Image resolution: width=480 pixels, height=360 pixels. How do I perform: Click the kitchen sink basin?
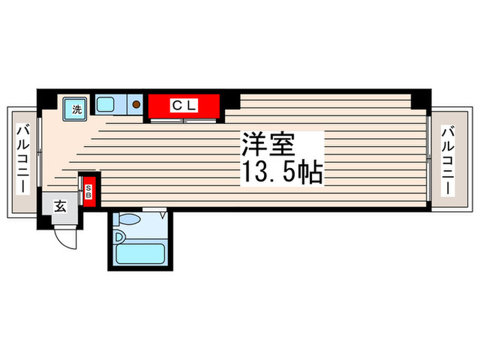[x=108, y=105]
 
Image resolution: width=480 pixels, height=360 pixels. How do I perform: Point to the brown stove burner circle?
[x=136, y=105]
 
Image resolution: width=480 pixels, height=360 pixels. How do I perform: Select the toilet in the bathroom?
[x=128, y=219]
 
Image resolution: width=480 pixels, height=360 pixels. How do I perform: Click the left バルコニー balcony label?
[x=22, y=158]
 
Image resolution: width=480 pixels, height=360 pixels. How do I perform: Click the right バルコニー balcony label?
[x=448, y=158]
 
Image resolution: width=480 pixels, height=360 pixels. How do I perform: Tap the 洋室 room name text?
[x=267, y=145]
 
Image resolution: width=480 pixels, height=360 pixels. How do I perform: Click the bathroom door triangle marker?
[x=164, y=215]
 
